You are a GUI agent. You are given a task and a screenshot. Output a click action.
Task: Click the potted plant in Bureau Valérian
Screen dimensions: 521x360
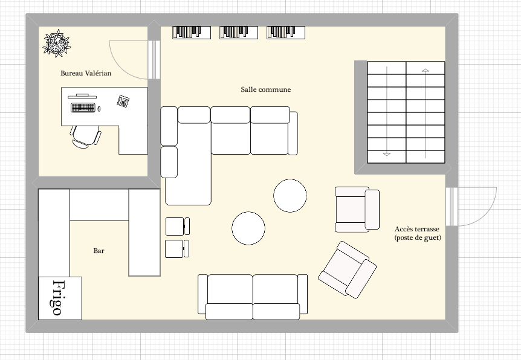[x=57, y=43]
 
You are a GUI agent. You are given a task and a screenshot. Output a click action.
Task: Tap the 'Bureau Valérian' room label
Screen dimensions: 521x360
[x=86, y=73]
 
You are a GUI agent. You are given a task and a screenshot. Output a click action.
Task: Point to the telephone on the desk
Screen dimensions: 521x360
[x=123, y=101]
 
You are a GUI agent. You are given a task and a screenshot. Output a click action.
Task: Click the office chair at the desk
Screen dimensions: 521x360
[x=85, y=136]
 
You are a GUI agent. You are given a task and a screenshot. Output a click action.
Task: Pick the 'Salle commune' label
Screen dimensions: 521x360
[x=266, y=89]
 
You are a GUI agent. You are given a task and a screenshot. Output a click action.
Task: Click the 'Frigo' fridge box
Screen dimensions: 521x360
[x=60, y=298]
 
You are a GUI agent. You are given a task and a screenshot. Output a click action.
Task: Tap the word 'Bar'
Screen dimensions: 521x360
[x=99, y=251]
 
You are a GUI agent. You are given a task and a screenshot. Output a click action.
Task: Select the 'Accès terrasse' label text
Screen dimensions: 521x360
[x=417, y=229]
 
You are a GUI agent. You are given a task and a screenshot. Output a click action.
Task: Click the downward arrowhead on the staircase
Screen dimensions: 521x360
[x=387, y=154]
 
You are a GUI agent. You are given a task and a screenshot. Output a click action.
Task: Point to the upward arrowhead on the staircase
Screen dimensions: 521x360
[x=426, y=71]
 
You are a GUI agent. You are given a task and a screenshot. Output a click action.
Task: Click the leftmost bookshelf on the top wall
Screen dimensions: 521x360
[x=192, y=33]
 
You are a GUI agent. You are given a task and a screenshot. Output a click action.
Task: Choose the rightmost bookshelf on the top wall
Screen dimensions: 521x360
[x=286, y=33]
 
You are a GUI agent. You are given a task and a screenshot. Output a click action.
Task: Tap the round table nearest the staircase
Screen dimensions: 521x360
[x=290, y=196]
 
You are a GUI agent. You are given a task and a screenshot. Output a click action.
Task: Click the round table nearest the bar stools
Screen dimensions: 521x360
[x=248, y=228]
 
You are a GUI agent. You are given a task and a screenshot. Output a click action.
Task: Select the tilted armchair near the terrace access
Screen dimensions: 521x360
[x=347, y=269]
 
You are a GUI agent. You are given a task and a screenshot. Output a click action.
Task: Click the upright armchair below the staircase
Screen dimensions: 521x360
[x=357, y=209]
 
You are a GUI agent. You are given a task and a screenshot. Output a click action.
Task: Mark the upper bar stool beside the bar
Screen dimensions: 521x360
[x=178, y=226]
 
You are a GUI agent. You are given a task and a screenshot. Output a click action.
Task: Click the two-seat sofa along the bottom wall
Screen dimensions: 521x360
[x=253, y=297]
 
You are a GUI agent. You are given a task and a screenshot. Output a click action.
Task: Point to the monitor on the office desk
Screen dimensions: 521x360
[x=82, y=97]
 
